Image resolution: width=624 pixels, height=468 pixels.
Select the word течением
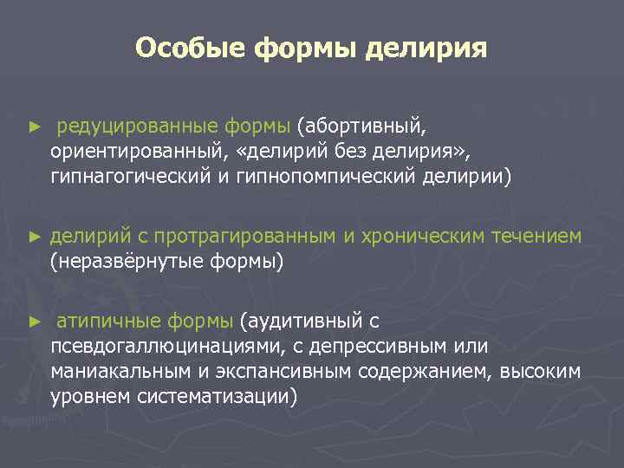539,237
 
